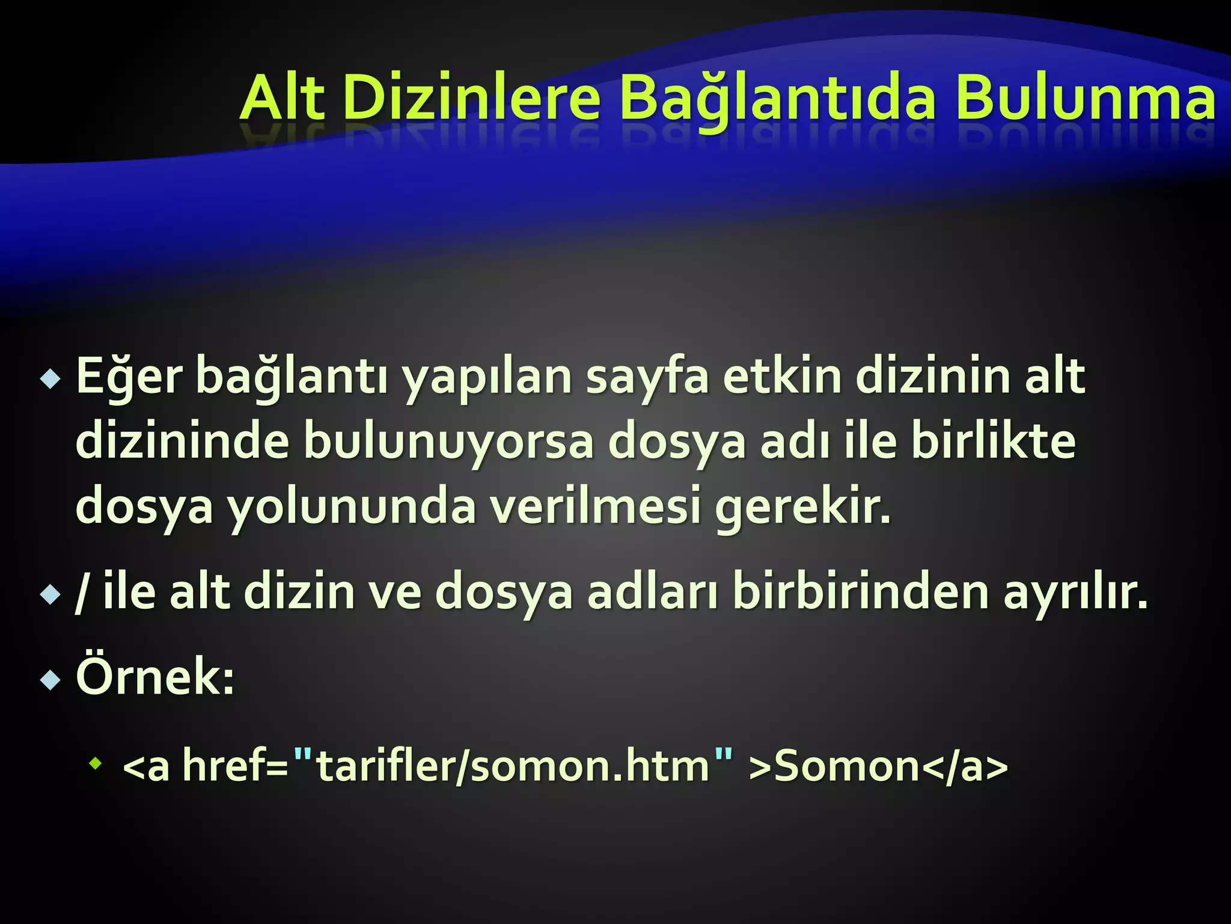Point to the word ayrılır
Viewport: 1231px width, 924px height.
click(1075, 594)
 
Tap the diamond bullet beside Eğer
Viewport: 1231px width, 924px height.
click(50, 379)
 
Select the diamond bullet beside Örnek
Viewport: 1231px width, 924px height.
click(50, 680)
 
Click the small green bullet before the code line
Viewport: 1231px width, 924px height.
click(95, 765)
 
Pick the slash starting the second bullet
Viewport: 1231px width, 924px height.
click(81, 593)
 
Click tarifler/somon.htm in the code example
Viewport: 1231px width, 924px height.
click(513, 766)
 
